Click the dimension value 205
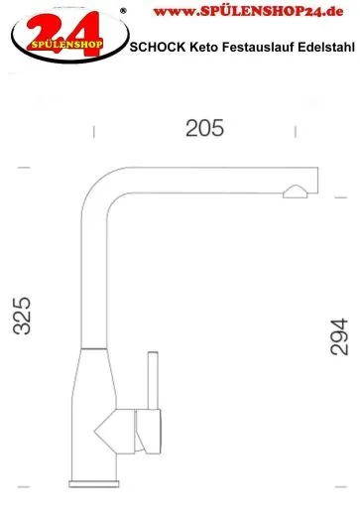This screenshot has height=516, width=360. pos(204,128)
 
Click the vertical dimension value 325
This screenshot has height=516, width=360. pos(22,316)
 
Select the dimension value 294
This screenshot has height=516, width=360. pos(339,337)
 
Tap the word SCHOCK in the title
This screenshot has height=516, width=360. pos(158,47)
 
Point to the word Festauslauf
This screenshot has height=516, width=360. pos(258,47)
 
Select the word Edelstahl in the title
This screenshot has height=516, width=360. pos(326,47)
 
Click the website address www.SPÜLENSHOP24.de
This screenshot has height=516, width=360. pos(249,12)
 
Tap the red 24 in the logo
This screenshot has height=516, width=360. pos(63,33)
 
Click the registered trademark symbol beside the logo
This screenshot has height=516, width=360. pos(123,11)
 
